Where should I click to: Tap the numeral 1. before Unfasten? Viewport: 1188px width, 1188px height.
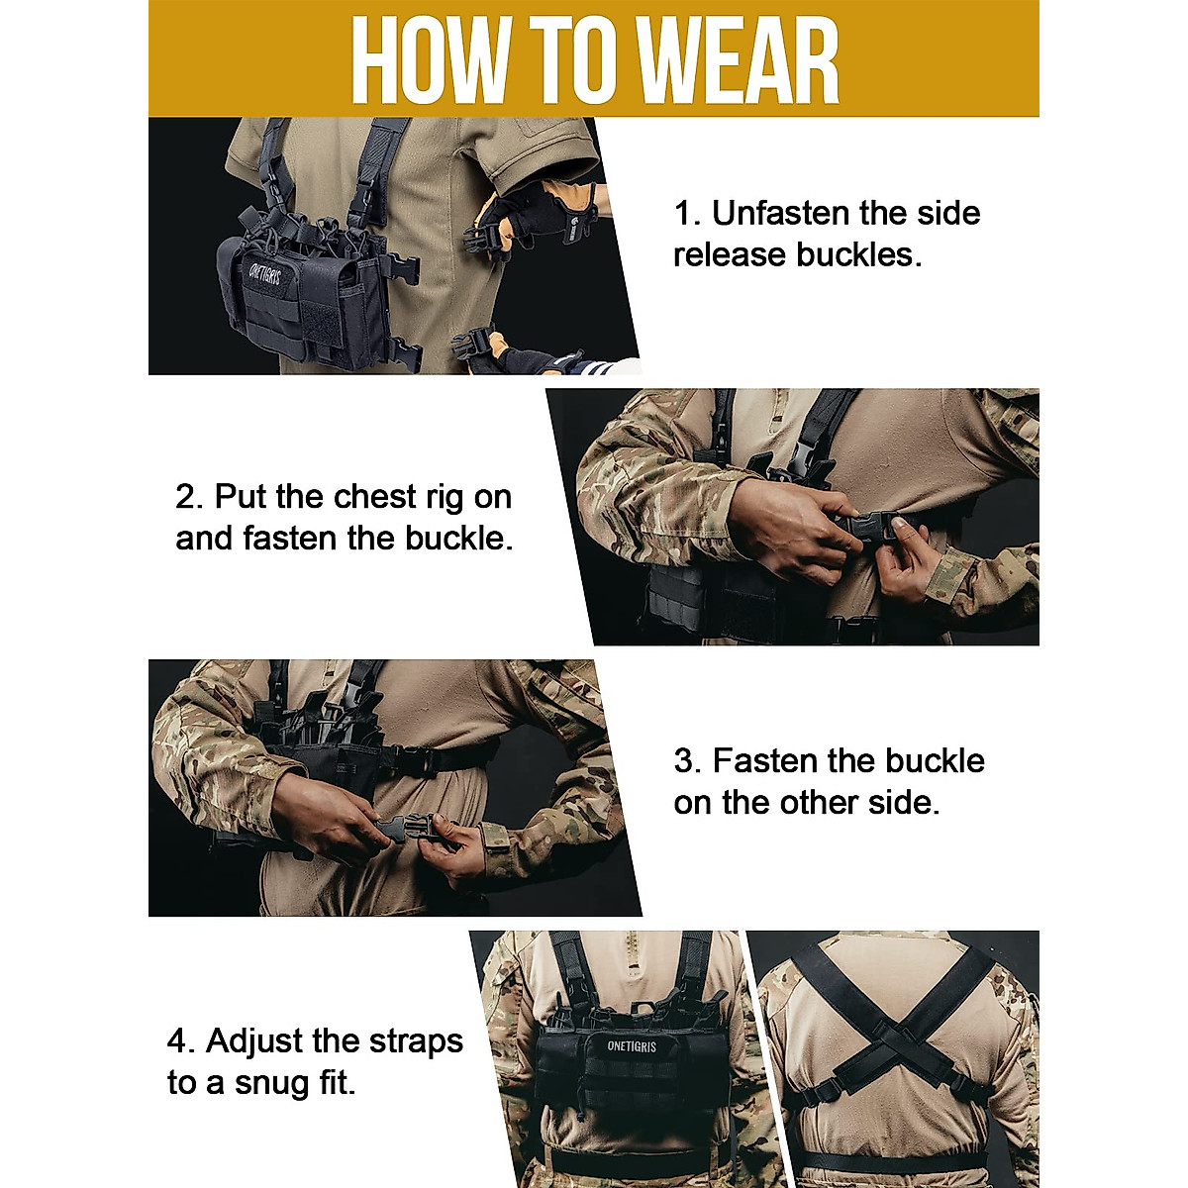687,213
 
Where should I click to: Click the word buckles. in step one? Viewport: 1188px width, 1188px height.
858,254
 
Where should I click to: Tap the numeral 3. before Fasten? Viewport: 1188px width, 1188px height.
687,760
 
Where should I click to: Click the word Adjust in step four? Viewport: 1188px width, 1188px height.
253,1040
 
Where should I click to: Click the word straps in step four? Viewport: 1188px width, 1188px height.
415,1040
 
